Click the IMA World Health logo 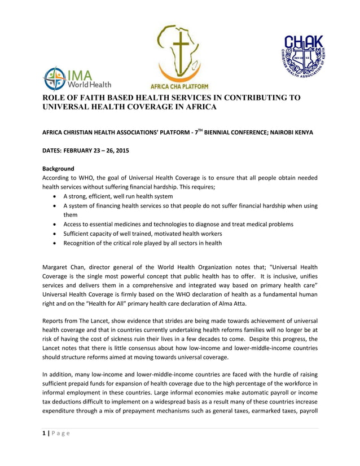click(71, 78)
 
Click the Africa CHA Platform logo click(178, 56)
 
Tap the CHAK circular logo click(303, 56)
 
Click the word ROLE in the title click(55, 97)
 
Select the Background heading click(59, 168)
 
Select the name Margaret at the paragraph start click(58, 266)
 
